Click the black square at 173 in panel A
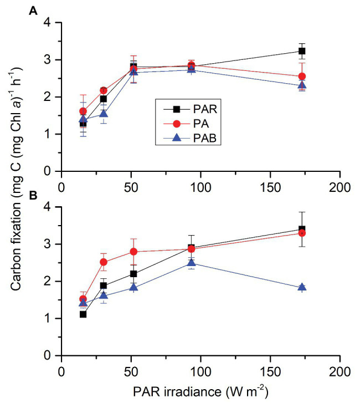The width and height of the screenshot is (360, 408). (x=302, y=51)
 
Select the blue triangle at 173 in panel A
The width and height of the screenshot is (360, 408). (x=302, y=85)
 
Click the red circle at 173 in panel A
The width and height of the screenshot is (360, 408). (x=302, y=76)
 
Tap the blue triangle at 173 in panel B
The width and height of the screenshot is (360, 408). (x=302, y=287)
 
